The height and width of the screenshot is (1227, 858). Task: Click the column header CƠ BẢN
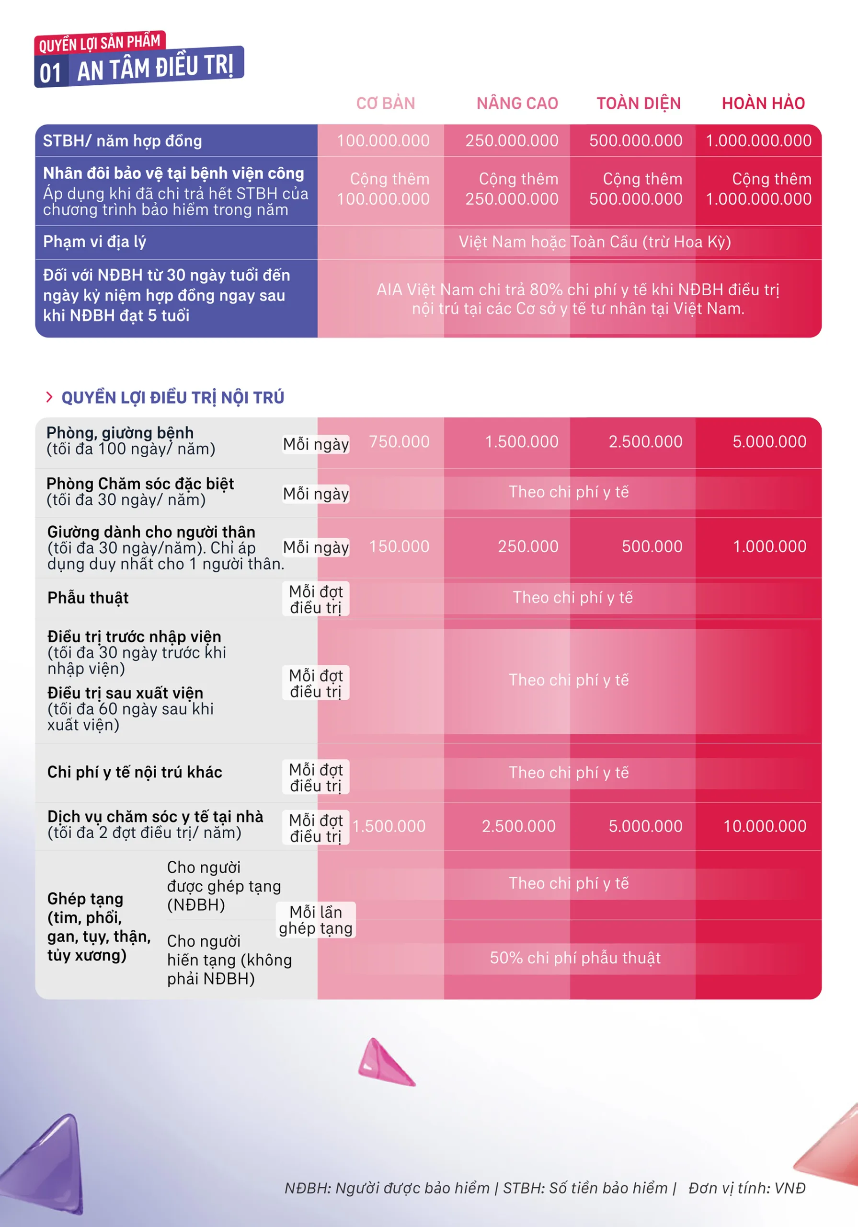(x=385, y=103)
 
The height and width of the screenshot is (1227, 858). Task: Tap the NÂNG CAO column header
(x=517, y=103)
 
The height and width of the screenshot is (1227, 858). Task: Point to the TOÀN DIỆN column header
(x=639, y=103)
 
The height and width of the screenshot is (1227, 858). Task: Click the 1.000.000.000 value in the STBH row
(x=759, y=140)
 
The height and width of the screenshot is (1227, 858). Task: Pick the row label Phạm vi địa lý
(x=94, y=242)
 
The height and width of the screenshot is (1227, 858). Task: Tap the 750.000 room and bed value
(x=399, y=442)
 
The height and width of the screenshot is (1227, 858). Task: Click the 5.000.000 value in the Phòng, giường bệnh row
(x=769, y=442)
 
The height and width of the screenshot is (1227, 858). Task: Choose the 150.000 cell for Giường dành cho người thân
(x=399, y=547)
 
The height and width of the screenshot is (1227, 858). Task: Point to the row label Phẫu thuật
(x=88, y=598)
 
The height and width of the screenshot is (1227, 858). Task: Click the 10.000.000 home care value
(x=765, y=826)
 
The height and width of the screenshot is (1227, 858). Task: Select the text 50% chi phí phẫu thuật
(x=575, y=958)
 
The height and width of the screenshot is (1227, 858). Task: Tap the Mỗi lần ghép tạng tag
(x=316, y=920)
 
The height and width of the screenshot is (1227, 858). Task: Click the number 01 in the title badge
(x=51, y=73)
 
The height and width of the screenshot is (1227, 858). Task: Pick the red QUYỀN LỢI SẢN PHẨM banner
(x=100, y=43)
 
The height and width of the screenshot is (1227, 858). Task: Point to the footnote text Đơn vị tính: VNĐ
(x=747, y=1188)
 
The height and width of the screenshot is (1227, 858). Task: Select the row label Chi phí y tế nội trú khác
(x=135, y=772)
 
